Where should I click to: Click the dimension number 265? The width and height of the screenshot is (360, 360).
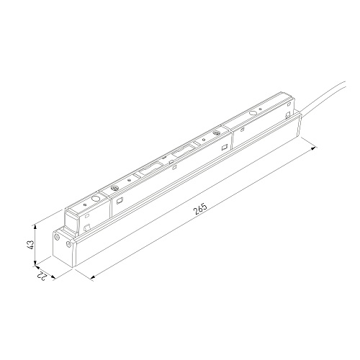(199, 209)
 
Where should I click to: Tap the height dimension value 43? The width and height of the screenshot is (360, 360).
(31, 245)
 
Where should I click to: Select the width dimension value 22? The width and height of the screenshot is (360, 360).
(42, 276)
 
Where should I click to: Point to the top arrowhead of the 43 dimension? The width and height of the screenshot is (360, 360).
(35, 226)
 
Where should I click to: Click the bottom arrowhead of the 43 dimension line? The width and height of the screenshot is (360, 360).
(35, 263)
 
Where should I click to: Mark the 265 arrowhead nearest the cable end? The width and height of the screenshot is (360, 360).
(314, 149)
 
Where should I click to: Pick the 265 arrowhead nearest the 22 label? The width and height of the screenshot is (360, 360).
(93, 278)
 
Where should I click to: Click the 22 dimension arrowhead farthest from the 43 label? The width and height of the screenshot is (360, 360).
(53, 277)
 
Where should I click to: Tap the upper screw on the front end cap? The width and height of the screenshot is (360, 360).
(57, 238)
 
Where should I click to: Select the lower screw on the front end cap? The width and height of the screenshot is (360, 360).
(68, 244)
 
